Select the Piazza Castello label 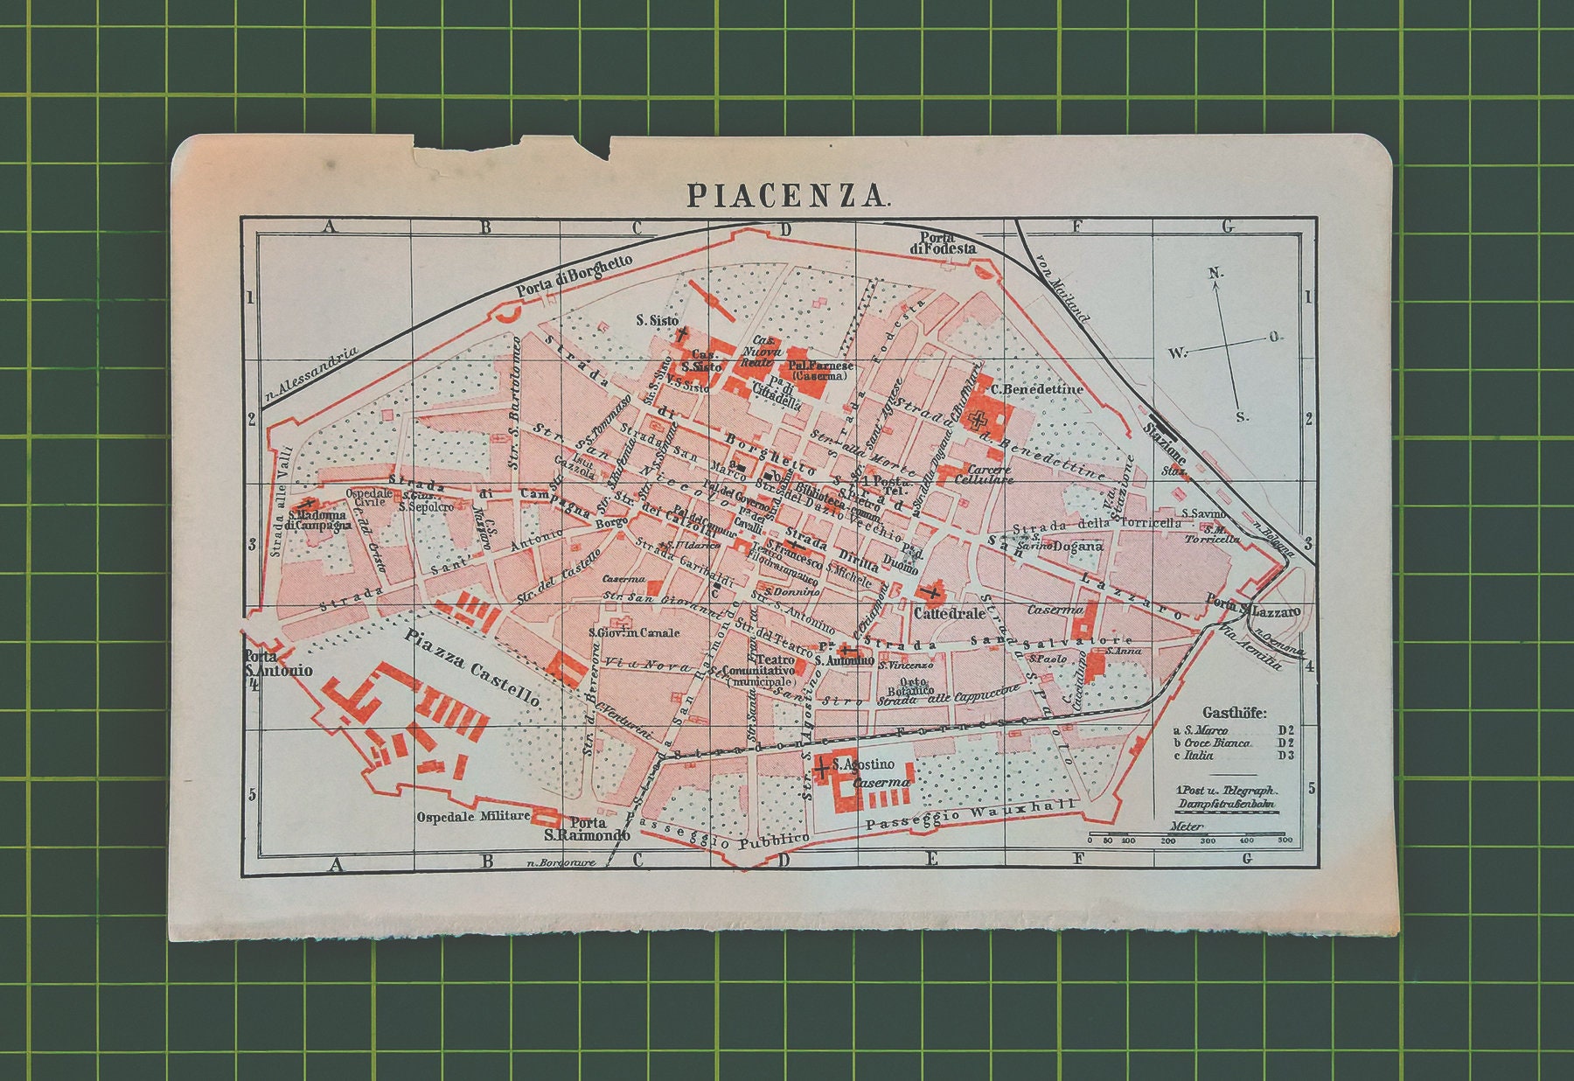point(472,670)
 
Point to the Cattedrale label point(949,614)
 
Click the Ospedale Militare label point(472,816)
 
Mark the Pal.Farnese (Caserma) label point(820,371)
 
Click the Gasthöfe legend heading point(1234,713)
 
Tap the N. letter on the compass point(1215,274)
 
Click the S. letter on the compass point(1243,417)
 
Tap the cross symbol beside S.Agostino point(822,769)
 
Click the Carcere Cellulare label point(984,475)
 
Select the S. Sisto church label point(658,321)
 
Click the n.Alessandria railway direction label point(311,377)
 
